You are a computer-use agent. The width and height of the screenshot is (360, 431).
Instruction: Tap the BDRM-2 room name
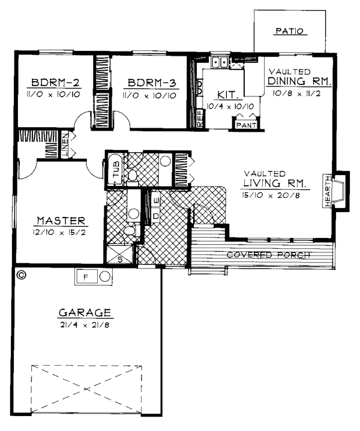[56, 83]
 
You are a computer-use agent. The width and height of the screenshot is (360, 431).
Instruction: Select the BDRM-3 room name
[152, 83]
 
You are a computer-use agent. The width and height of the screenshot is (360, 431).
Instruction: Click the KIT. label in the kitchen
[228, 95]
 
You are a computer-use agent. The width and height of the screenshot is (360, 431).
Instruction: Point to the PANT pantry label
[246, 125]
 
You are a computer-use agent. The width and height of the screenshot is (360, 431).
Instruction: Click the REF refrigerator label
[200, 118]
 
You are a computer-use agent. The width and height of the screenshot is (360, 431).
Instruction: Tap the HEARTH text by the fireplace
[328, 191]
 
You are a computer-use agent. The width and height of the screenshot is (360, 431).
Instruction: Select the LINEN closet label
[65, 146]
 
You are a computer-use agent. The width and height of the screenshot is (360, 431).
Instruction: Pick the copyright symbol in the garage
[21, 275]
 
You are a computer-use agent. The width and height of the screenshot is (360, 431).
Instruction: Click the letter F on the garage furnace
[85, 277]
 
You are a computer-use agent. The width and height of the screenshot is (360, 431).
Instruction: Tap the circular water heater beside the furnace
[105, 276]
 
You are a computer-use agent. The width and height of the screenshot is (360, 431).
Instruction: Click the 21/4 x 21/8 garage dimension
[85, 325]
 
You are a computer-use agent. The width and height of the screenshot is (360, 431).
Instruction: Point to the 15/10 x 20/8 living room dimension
[271, 195]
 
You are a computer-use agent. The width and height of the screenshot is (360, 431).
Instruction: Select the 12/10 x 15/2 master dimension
[59, 233]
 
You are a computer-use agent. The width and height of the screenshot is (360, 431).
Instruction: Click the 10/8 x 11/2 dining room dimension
[296, 94]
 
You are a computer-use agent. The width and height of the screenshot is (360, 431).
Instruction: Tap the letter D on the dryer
[156, 216]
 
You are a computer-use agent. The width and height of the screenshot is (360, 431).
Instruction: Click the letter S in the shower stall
[120, 259]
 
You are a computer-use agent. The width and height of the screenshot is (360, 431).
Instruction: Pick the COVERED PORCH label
[268, 255]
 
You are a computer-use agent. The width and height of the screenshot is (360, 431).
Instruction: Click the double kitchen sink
[220, 62]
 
